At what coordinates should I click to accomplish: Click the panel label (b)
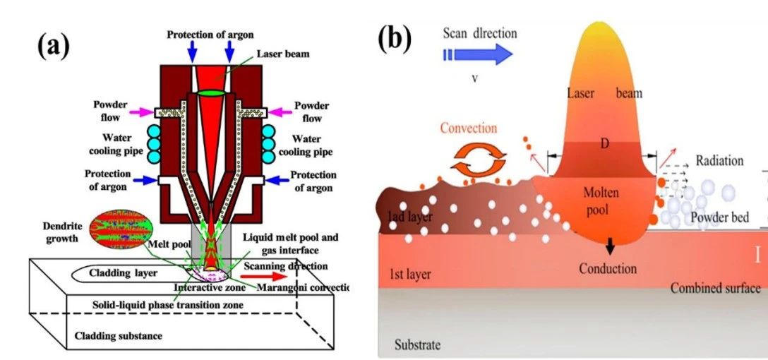tap(394, 39)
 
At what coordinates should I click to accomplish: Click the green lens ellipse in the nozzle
tap(210, 93)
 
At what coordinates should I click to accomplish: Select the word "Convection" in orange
tap(469, 128)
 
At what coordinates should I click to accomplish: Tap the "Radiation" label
tap(719, 160)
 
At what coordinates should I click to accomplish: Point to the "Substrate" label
tap(417, 345)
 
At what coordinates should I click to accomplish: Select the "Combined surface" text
tap(715, 288)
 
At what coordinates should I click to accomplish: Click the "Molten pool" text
tap(601, 201)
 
